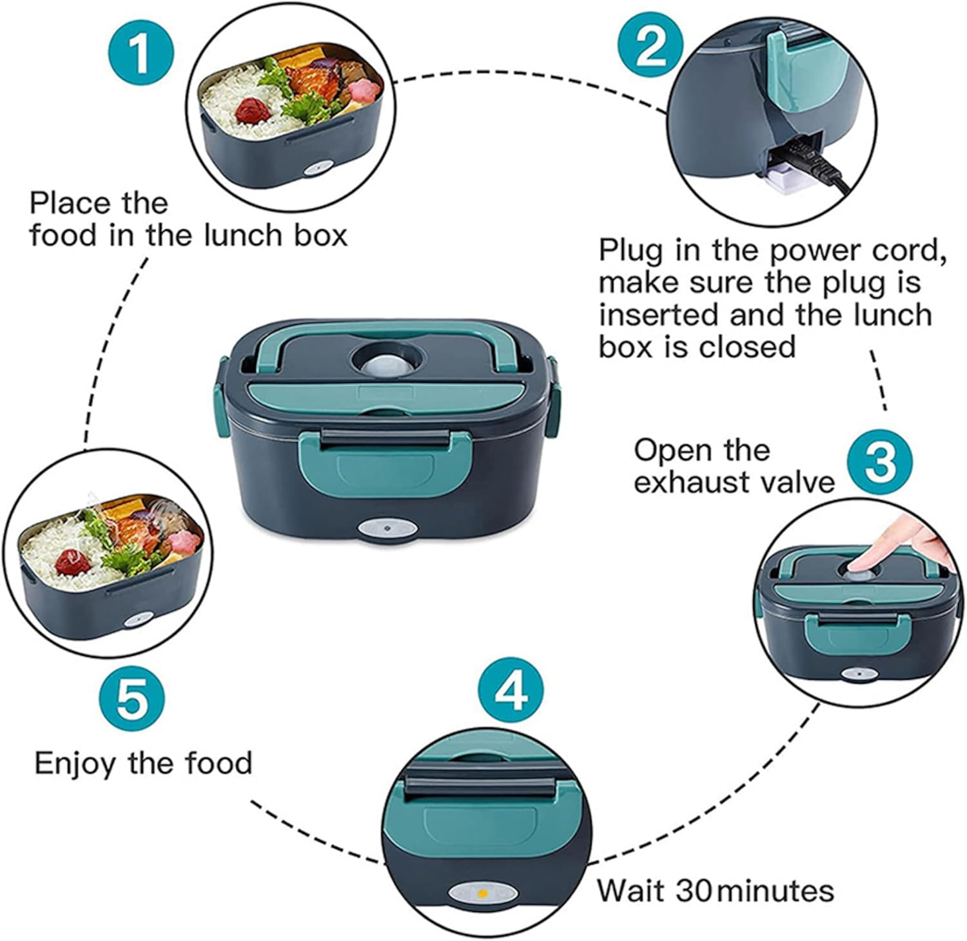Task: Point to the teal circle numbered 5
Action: [x=132, y=700]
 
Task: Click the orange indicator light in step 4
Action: [x=481, y=893]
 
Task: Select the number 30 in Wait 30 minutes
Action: [x=694, y=891]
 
